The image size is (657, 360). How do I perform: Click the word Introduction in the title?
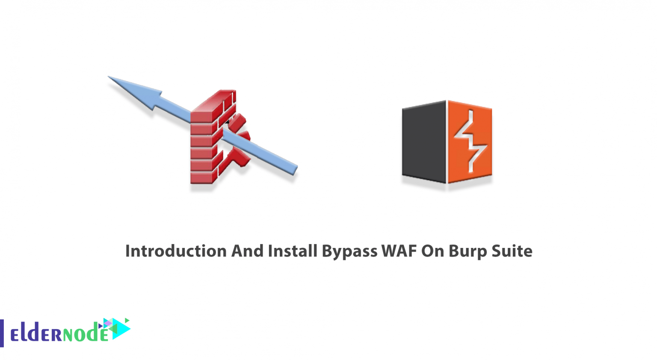(x=176, y=251)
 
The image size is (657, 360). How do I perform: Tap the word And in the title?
(x=247, y=251)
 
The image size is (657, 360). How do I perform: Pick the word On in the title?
(x=432, y=251)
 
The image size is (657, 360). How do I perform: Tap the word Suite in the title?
(x=512, y=251)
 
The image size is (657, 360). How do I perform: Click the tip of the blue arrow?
(x=110, y=77)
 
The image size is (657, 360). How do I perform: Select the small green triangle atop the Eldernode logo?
(x=127, y=320)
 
